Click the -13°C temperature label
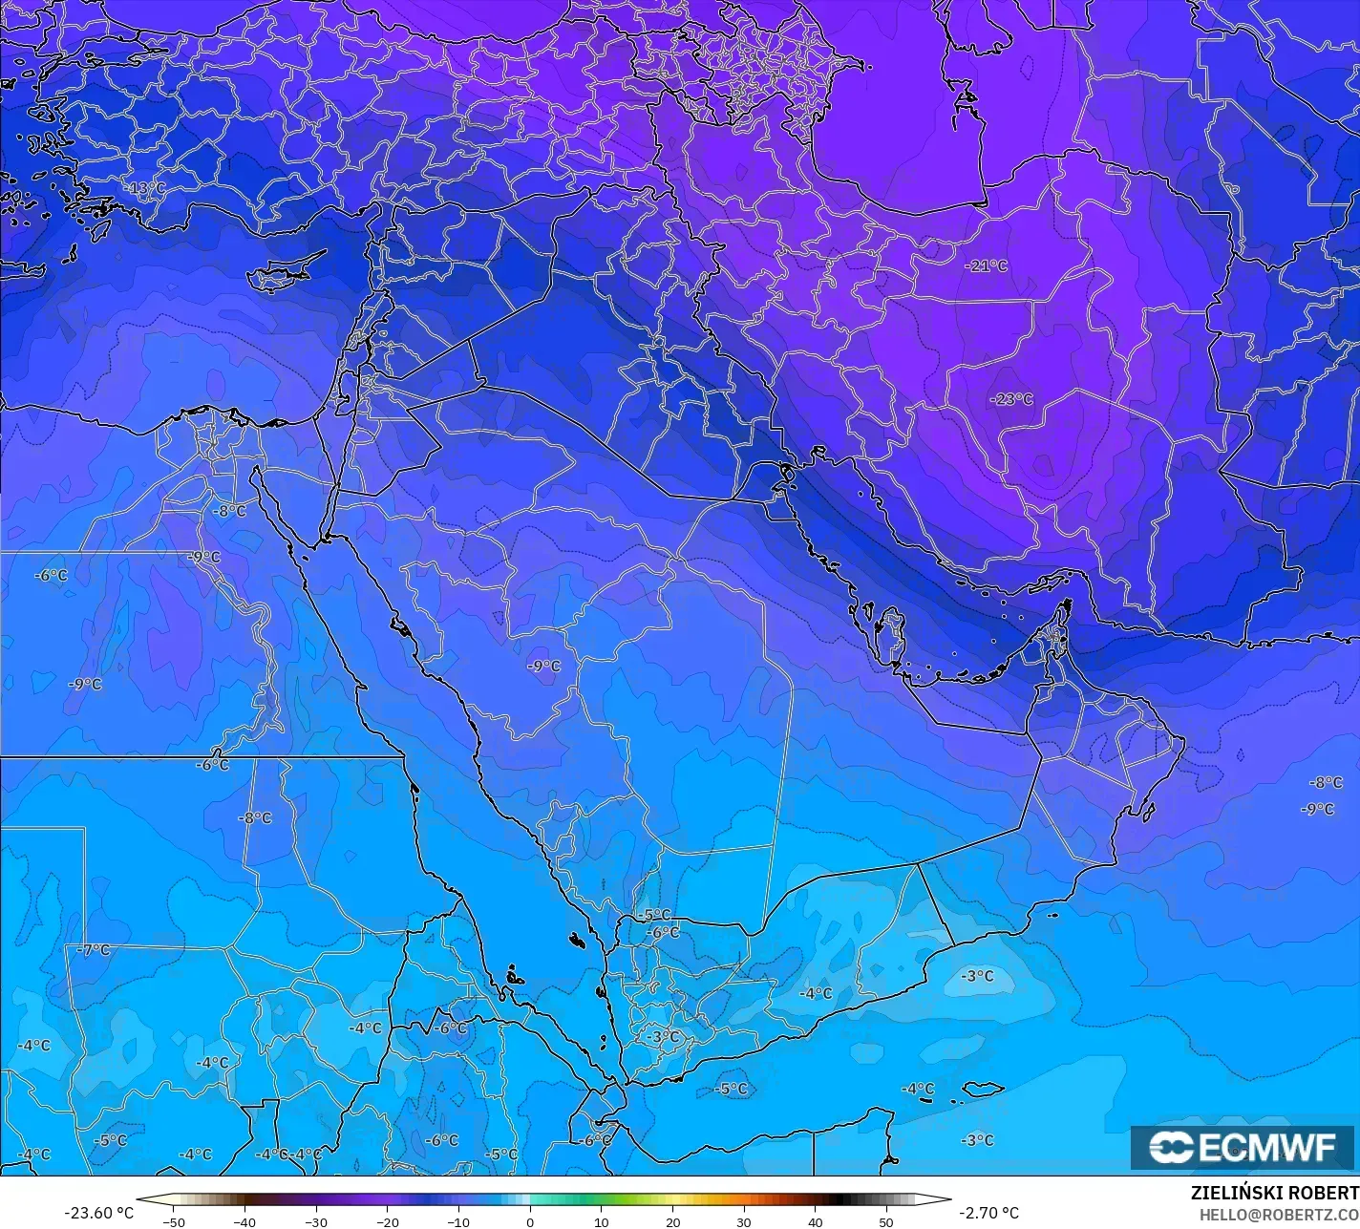145,188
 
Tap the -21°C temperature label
987,265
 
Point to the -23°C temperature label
1011,399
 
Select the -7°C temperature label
94,950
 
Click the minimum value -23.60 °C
98,1213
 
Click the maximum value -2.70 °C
988,1213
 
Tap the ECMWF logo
1242,1147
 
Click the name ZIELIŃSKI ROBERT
1274,1193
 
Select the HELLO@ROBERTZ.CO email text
1279,1214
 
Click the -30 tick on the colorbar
316,1221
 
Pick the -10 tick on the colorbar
458,1221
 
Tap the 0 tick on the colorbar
530,1221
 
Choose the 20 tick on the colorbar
672,1221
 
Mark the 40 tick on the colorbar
815,1221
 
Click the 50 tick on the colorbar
886,1221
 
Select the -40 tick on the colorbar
244,1221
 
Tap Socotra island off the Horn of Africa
982,1089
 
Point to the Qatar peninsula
893,635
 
